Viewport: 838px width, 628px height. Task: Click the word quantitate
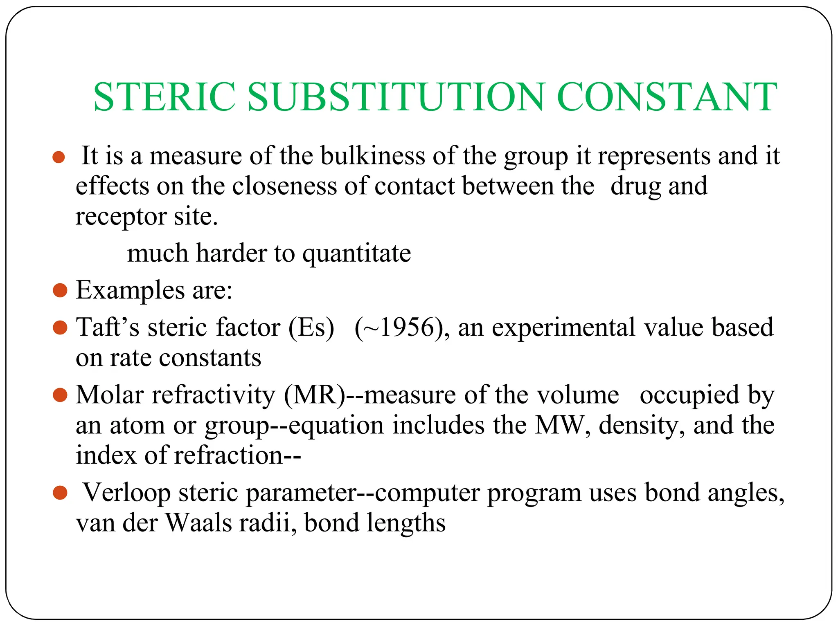coord(356,253)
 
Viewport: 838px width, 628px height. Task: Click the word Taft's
coord(108,327)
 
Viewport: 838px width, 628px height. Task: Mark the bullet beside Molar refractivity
coord(60,395)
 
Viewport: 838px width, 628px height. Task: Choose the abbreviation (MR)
coord(315,395)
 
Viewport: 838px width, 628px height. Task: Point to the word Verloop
coord(127,492)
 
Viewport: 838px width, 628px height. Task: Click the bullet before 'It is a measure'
coord(59,157)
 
